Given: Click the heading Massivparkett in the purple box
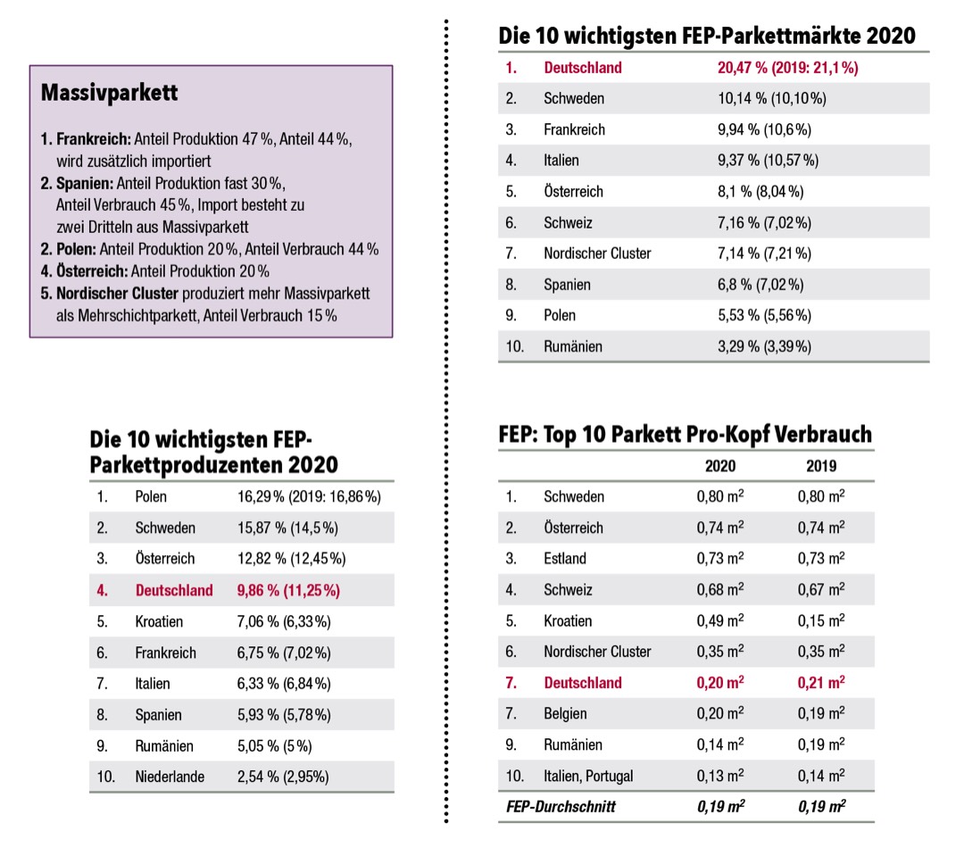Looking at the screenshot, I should tap(110, 93).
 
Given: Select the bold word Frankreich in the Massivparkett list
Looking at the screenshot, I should tap(94, 140).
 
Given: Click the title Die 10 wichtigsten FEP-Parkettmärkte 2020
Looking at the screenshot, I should tap(707, 36).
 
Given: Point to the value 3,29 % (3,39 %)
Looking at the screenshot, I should tap(764, 346).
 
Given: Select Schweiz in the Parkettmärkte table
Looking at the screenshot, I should tap(568, 222).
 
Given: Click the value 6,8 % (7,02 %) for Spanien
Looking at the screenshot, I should tap(760, 285).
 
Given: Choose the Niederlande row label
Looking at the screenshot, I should tap(170, 777).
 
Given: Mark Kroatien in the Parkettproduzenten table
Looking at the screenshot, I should tap(159, 621).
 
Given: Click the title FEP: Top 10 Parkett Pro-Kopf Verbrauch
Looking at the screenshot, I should tap(685, 435).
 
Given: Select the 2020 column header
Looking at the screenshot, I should tap(720, 466).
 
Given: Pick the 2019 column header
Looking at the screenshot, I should tap(821, 466).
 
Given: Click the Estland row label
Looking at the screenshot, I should tap(565, 559).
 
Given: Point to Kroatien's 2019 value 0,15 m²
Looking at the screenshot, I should tap(821, 621).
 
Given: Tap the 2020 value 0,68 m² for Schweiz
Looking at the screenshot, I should tap(720, 590).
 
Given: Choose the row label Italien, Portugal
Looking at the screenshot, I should tap(588, 776).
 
